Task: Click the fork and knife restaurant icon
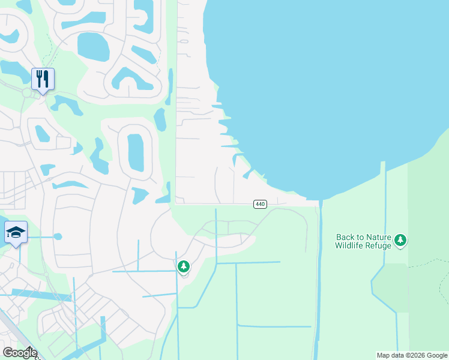click(43, 79)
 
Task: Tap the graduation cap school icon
click(16, 232)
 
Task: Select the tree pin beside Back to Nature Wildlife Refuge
click(400, 241)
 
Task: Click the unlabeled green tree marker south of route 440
click(184, 266)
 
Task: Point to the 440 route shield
click(260, 204)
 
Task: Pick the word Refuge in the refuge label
click(378, 245)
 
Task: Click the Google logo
click(19, 352)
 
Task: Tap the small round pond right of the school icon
click(58, 236)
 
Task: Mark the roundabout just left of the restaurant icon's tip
click(27, 92)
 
